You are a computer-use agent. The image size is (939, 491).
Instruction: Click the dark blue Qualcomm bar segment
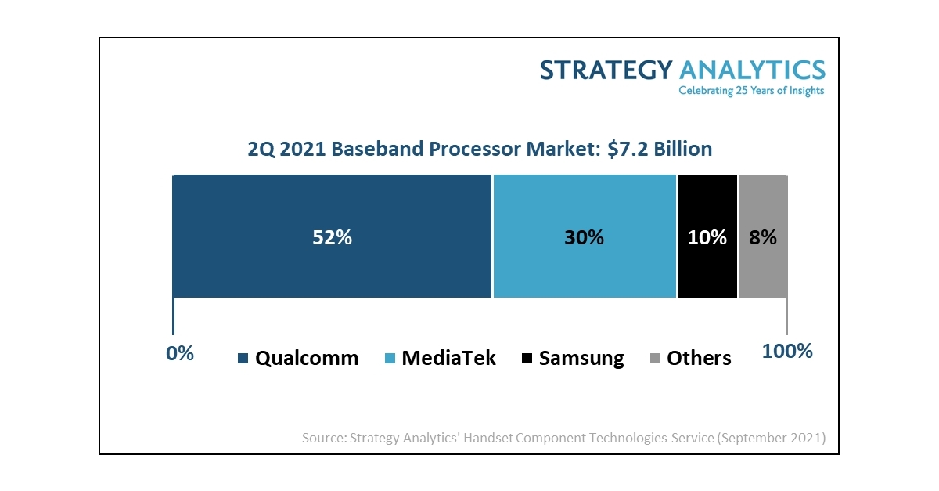pyautogui.click(x=258, y=266)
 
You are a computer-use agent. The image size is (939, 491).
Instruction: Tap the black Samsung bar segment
pyautogui.click(x=707, y=270)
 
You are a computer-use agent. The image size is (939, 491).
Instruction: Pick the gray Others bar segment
pyautogui.click(x=763, y=270)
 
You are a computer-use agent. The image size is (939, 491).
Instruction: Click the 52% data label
pyautogui.click(x=333, y=237)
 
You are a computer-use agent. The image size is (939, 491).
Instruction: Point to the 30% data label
pyautogui.click(x=584, y=237)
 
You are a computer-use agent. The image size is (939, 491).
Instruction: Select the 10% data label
pyautogui.click(x=707, y=237)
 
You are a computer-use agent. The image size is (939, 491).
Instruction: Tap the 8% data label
pyautogui.click(x=763, y=237)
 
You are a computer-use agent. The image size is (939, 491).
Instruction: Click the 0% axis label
pyautogui.click(x=180, y=353)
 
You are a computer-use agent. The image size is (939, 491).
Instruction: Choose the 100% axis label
pyautogui.click(x=787, y=352)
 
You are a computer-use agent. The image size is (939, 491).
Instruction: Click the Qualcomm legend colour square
pyautogui.click(x=243, y=359)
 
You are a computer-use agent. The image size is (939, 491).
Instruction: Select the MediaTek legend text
pyautogui.click(x=448, y=359)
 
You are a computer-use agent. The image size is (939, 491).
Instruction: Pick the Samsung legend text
pyautogui.click(x=581, y=359)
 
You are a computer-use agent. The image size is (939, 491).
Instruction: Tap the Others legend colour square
pyautogui.click(x=656, y=359)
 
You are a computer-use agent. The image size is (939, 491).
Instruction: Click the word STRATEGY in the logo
pyautogui.click(x=606, y=70)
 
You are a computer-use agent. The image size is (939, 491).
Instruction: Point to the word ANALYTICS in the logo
pyautogui.click(x=752, y=70)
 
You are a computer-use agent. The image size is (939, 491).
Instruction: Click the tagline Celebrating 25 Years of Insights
pyautogui.click(x=750, y=91)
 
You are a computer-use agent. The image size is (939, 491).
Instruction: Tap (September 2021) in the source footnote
pyautogui.click(x=770, y=438)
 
